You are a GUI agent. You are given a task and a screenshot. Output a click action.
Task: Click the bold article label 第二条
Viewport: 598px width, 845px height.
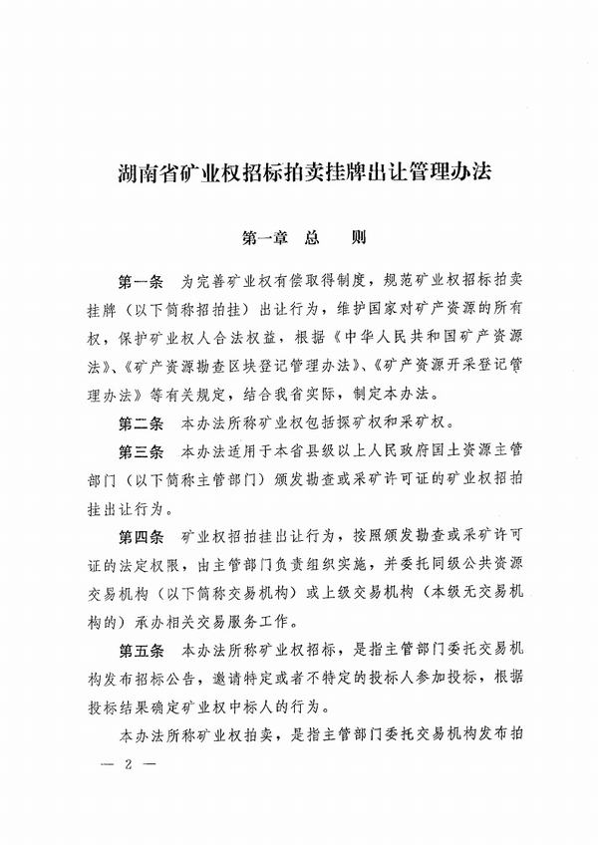click(x=140, y=422)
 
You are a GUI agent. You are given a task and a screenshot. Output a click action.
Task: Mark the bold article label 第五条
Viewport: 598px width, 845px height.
click(x=140, y=653)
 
